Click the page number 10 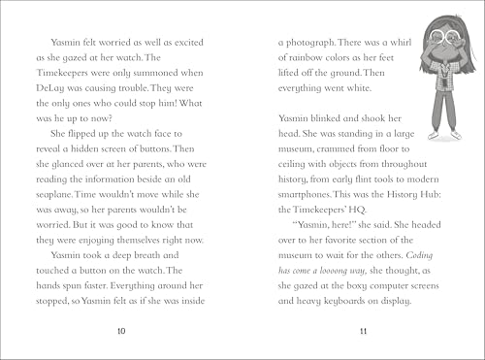(119, 332)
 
